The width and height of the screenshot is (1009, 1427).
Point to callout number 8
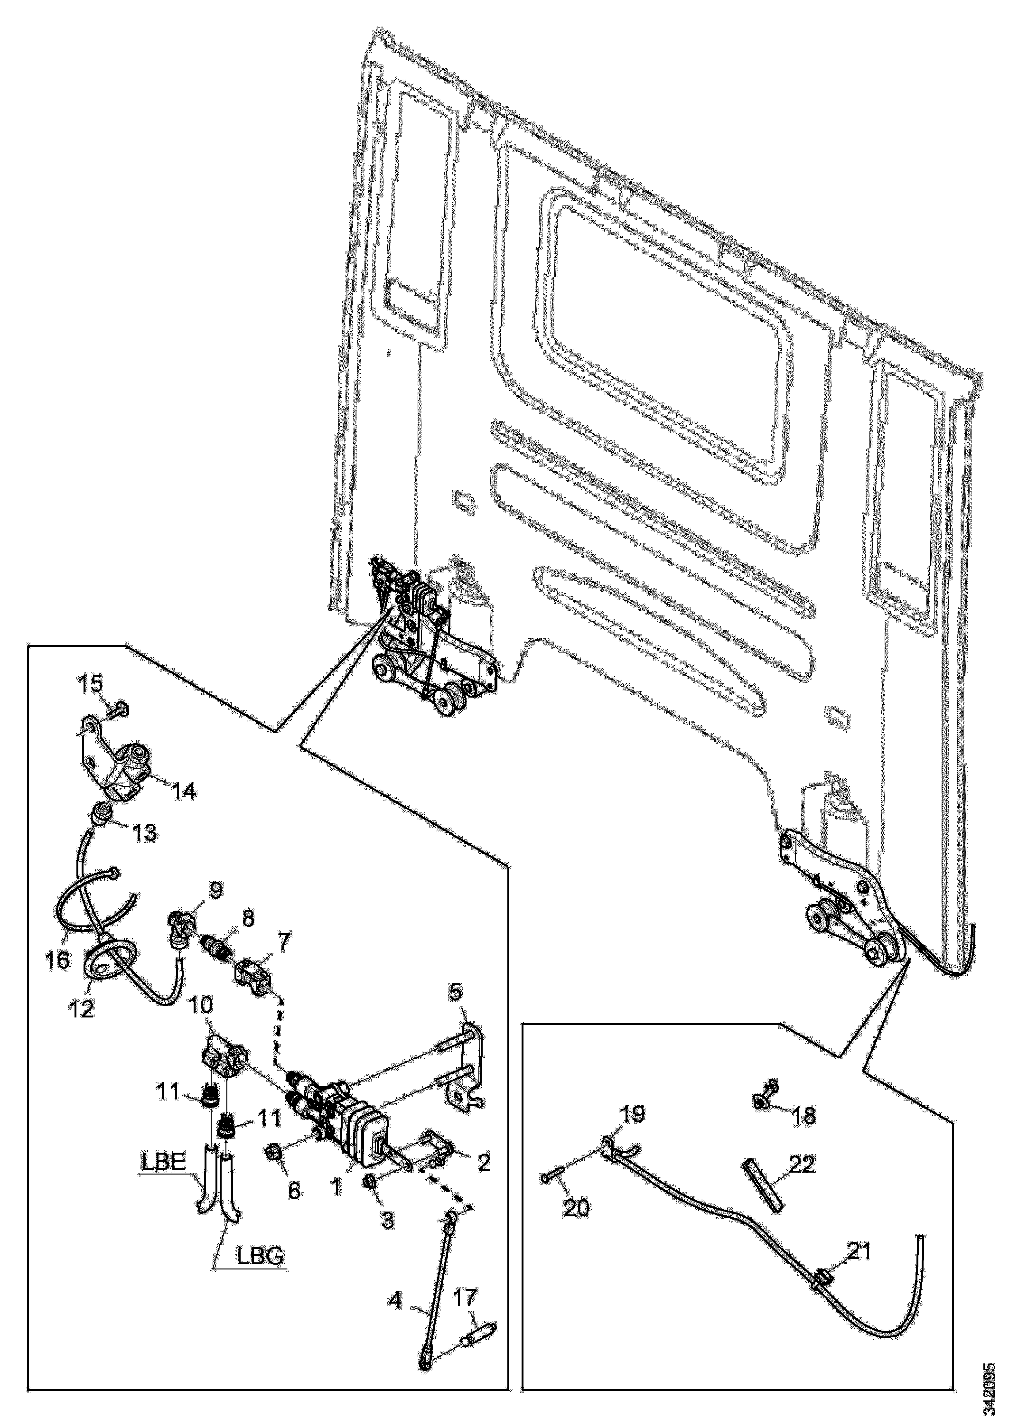coord(248,919)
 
